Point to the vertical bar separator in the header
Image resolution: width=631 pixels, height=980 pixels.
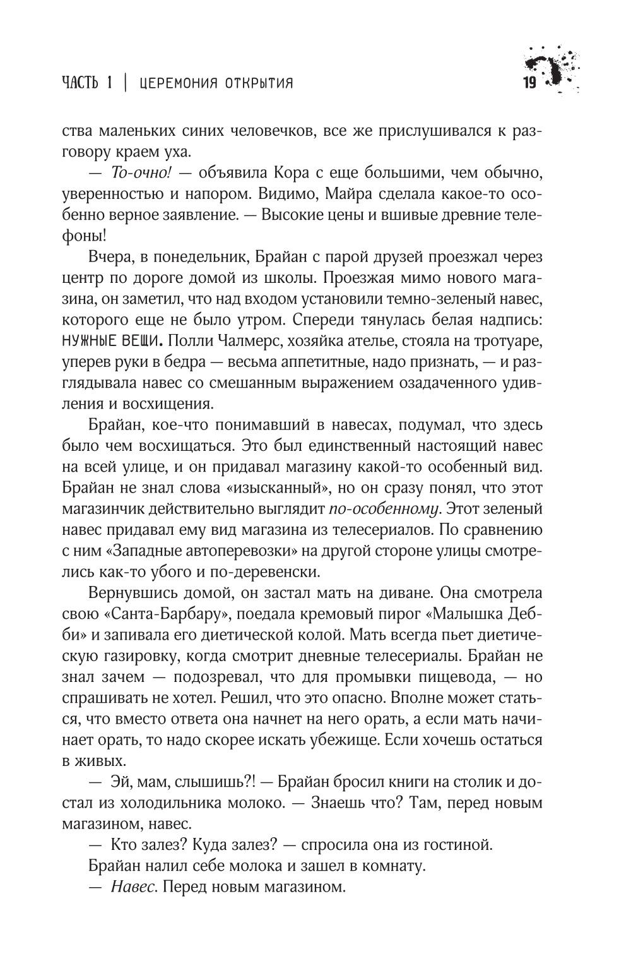(126, 83)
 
